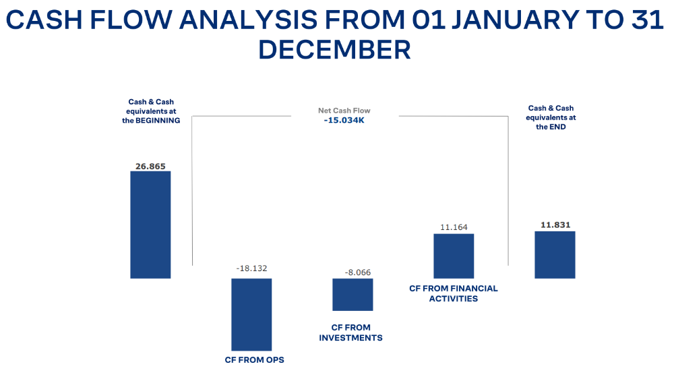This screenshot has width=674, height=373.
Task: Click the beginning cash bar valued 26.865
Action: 150,224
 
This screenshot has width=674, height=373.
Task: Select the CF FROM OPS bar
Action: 251,314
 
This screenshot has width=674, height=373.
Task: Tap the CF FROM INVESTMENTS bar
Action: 353,294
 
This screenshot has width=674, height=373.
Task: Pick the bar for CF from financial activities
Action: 454,256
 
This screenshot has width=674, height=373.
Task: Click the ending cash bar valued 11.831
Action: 555,254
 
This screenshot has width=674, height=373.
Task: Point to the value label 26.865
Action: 150,165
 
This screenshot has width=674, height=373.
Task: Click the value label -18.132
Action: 251,268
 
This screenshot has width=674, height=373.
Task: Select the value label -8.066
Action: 357,272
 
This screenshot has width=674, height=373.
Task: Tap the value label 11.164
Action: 454,227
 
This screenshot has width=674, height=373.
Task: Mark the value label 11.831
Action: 555,225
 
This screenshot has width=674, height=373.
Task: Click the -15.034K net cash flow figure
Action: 344,121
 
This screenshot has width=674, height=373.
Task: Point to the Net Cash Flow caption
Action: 344,111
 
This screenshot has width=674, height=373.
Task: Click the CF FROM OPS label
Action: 255,360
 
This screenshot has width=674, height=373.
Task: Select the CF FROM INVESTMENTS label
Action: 350,333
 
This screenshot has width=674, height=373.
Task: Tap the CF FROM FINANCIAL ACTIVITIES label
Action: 454,293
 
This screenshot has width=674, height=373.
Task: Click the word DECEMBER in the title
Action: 335,50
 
